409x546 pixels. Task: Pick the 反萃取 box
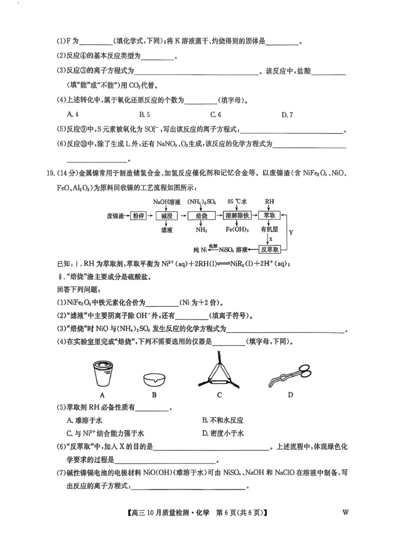(269, 250)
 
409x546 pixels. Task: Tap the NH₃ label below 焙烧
(201, 230)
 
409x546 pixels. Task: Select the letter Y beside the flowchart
(291, 232)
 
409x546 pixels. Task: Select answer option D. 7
(287, 115)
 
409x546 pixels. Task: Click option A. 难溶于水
(82, 420)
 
